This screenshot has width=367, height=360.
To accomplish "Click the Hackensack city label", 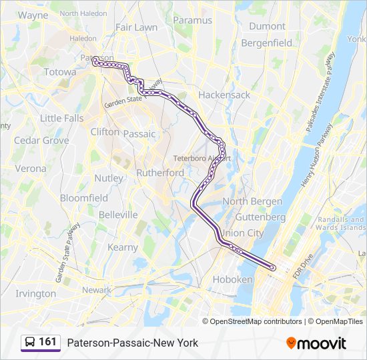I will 224,95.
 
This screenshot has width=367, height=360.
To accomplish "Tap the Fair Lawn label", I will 136,27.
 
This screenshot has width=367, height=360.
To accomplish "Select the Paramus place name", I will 193,20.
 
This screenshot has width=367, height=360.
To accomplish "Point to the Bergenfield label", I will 266,43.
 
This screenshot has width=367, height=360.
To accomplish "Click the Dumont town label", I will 267,26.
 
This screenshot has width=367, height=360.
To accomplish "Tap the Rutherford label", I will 160,173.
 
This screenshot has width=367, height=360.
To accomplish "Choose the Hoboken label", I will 232,279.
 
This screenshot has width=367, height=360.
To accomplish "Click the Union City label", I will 243,233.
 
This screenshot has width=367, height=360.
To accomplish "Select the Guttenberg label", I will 260,217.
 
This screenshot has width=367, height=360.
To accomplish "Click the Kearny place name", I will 123,247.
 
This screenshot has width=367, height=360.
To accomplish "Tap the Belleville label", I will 118,215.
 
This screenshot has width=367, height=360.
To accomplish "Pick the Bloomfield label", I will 84,198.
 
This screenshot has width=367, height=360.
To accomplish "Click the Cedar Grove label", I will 41,141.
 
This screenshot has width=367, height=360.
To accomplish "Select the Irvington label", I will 35,293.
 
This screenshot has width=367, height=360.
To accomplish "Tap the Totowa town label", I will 60,71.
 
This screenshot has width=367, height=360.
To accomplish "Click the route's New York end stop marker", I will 272,267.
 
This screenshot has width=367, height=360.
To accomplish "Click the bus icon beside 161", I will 31,342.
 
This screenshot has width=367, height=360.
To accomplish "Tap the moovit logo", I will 316,343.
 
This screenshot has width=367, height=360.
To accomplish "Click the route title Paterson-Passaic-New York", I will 132,343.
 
